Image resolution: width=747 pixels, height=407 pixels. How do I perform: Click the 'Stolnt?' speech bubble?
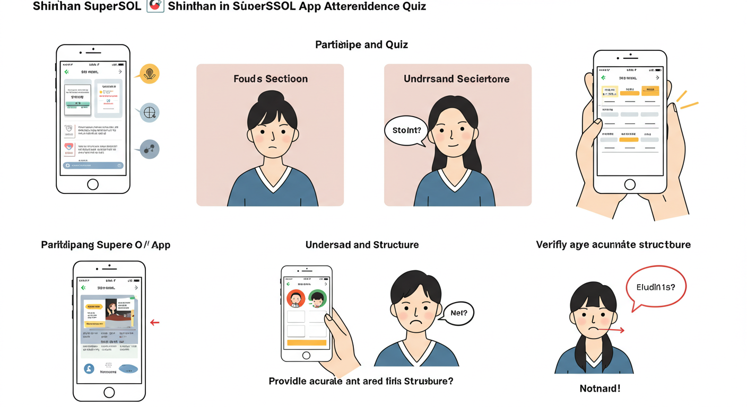(x=406, y=130)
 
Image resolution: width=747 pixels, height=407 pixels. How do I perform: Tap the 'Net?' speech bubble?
(x=458, y=313)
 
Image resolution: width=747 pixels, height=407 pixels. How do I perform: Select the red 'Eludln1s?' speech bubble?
(x=656, y=287)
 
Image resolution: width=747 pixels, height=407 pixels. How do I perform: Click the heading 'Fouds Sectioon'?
(x=270, y=79)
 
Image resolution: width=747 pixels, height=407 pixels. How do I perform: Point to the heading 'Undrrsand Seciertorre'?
(x=456, y=79)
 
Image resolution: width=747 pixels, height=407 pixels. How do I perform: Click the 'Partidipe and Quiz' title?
(x=361, y=45)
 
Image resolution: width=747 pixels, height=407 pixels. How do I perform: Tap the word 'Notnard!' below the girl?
(x=600, y=388)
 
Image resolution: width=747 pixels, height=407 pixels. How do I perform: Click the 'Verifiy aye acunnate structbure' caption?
(x=613, y=244)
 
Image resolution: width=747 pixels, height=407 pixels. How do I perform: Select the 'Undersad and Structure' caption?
(x=362, y=245)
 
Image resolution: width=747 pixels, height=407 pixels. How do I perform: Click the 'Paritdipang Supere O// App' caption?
(x=106, y=245)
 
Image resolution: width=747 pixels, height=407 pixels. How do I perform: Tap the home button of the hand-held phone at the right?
(x=630, y=184)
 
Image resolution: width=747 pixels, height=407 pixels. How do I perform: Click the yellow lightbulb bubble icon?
(x=150, y=74)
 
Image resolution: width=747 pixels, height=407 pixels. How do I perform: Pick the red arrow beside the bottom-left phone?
(x=155, y=322)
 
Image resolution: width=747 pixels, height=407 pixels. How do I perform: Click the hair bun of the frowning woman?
(x=272, y=97)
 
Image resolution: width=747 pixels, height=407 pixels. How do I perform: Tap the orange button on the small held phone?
(x=306, y=343)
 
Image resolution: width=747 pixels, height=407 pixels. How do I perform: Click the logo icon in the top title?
(x=155, y=6)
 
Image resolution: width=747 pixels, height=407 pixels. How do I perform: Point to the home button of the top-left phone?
(x=93, y=184)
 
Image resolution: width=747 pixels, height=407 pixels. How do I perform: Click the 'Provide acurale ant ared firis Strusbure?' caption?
(x=361, y=381)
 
